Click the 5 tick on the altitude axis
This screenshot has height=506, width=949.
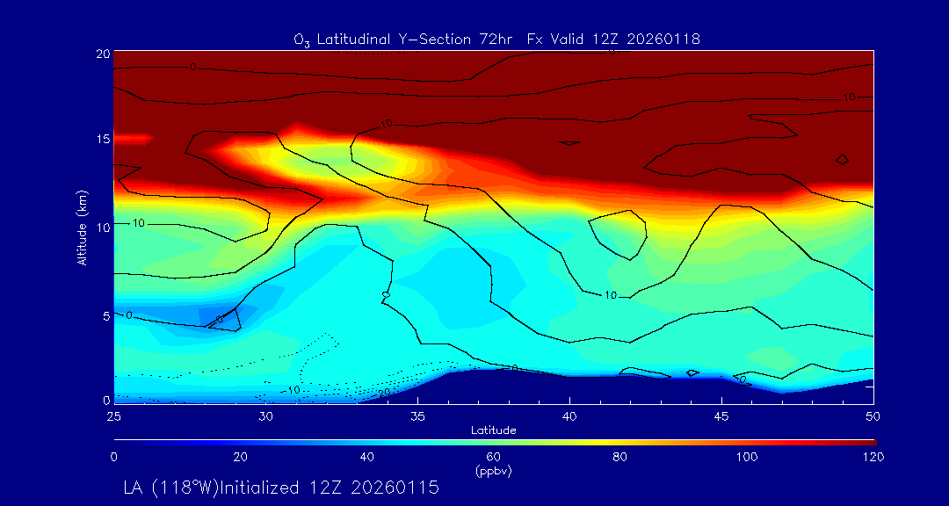(105, 314)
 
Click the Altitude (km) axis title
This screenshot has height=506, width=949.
(82, 227)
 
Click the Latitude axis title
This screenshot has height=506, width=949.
(493, 430)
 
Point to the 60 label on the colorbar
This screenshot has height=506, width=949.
(494, 457)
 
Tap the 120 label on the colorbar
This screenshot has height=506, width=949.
(873, 457)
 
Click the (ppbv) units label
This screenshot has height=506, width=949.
(493, 471)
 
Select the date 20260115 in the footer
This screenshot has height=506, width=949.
(395, 488)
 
